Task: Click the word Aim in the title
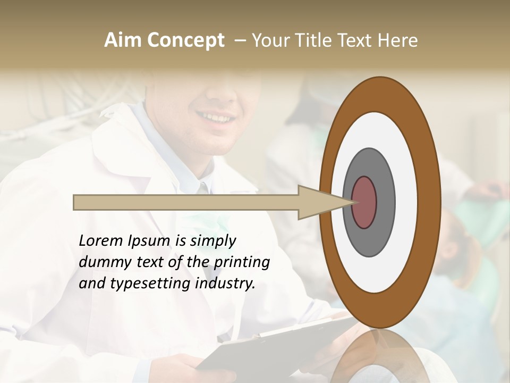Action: coord(122,40)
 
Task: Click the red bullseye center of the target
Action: coord(364,202)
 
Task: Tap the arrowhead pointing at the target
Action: coord(324,202)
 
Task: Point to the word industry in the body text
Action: coord(225,284)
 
